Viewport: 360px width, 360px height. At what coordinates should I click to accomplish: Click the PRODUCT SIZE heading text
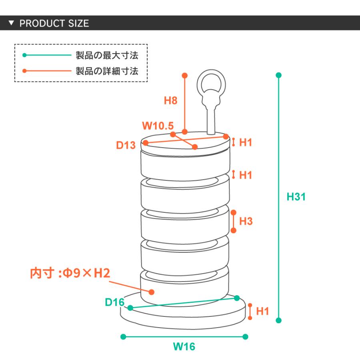click(54, 23)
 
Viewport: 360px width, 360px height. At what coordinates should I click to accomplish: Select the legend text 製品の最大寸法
click(107, 55)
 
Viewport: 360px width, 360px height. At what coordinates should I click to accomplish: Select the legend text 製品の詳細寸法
click(107, 71)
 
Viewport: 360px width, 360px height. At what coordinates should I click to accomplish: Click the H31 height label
click(296, 197)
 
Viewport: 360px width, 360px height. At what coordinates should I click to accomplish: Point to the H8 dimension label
click(170, 100)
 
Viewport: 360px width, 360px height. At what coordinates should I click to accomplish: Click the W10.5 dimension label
click(158, 126)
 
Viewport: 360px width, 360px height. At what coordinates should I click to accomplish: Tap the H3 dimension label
click(246, 221)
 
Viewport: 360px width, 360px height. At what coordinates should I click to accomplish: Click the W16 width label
click(184, 346)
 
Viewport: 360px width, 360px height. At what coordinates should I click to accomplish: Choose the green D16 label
click(115, 302)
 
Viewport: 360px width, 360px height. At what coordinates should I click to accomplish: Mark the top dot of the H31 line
click(279, 75)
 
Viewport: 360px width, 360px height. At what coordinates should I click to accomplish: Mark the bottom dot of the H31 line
click(279, 320)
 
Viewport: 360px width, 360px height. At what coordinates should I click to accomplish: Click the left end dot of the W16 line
click(123, 336)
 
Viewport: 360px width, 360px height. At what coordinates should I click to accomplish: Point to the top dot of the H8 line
click(184, 75)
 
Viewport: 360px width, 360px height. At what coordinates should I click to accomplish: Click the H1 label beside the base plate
click(262, 311)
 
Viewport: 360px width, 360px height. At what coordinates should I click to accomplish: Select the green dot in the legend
click(24, 55)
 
